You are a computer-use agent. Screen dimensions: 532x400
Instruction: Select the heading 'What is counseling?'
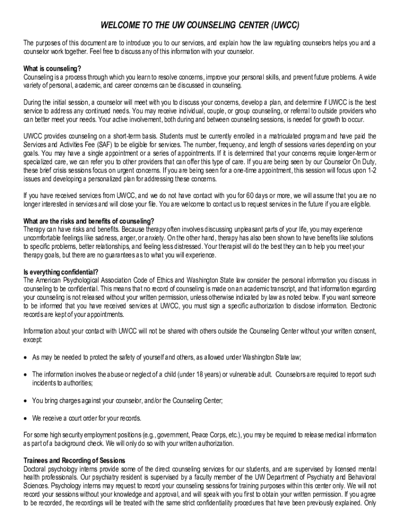coord(52,68)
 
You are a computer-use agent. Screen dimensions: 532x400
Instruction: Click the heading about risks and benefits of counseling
coord(88,221)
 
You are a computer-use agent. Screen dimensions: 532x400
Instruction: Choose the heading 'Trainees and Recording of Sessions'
coord(74,461)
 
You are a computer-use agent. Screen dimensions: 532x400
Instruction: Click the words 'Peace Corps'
coord(209,435)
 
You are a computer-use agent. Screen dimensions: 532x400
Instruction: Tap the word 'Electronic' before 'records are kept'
coord(361,306)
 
